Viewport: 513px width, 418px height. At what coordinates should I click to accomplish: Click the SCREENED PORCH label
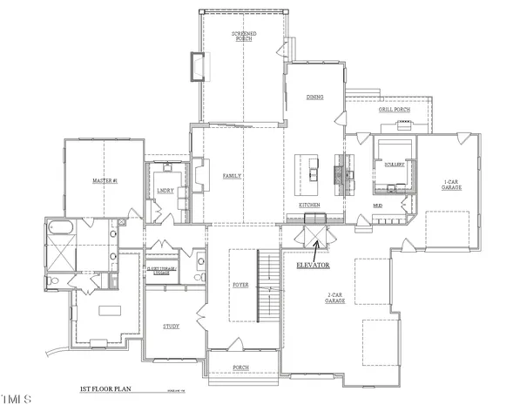click(x=243, y=37)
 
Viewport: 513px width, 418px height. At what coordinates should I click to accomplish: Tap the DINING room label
click(x=314, y=97)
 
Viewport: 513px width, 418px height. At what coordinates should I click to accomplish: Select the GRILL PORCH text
click(x=394, y=110)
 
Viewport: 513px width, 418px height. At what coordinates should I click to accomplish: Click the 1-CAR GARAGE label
click(x=450, y=184)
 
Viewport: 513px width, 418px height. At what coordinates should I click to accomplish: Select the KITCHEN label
click(x=309, y=205)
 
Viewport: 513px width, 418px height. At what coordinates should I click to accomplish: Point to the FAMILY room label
click(x=232, y=176)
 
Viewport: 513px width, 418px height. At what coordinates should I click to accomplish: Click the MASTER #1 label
click(x=105, y=181)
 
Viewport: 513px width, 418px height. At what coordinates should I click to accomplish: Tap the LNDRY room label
click(x=165, y=191)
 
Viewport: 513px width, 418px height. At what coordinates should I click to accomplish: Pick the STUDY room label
click(x=171, y=327)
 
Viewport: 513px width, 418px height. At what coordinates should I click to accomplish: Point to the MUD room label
click(x=377, y=206)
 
